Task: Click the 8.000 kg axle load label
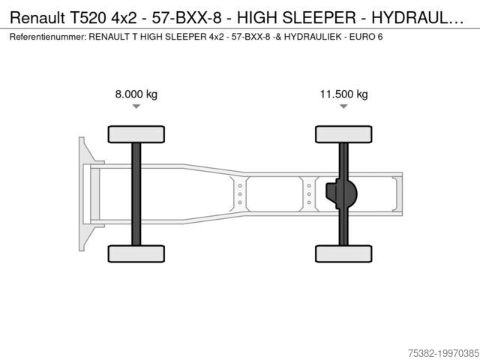click(136, 94)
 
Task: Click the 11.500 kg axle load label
click(343, 94)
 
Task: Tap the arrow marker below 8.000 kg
click(136, 106)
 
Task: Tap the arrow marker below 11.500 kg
click(343, 106)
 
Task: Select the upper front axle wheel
click(136, 134)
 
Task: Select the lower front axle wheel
click(136, 253)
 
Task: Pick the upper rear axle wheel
click(343, 134)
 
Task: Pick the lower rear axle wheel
click(343, 253)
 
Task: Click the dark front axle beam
click(136, 194)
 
